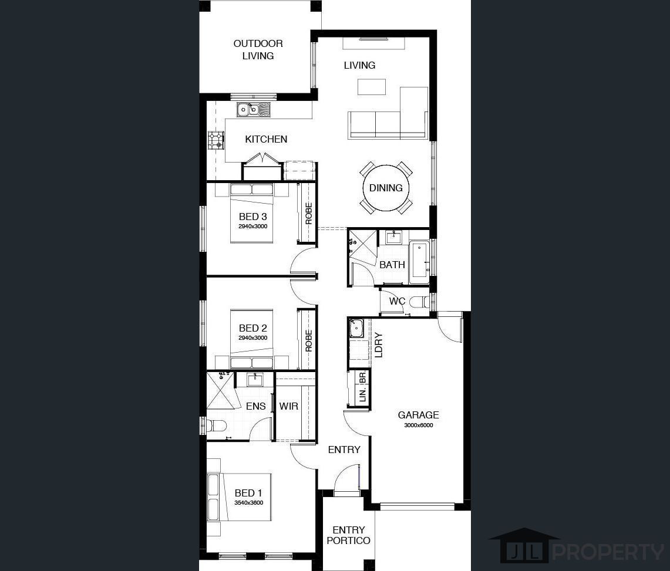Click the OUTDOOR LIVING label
point(258,49)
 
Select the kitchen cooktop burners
point(216,140)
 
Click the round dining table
point(386,187)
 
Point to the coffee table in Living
point(371,87)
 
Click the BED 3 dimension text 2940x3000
point(253,227)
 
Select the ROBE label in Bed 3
point(308,213)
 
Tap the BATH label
point(392,265)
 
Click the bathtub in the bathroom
point(419,263)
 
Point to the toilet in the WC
point(419,302)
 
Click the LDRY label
point(379,344)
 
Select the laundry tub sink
point(356,328)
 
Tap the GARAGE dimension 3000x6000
point(418,425)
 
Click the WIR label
point(289,406)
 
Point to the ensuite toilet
point(217,426)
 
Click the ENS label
point(256,406)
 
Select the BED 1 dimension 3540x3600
point(249,503)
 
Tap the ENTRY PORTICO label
point(349,535)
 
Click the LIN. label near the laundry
point(363,394)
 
